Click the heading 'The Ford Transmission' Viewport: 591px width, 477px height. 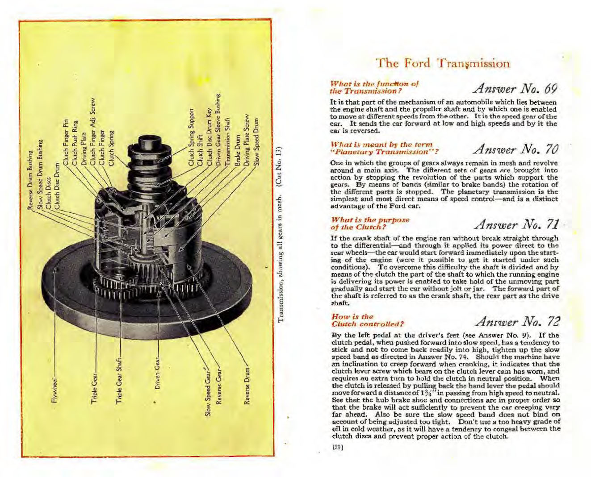pos(443,63)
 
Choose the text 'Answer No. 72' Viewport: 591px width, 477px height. pos(517,321)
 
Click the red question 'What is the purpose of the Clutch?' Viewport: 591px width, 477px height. pos(370,223)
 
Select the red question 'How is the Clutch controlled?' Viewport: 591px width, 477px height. pos(367,320)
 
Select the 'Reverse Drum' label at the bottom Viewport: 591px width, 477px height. pos(247,386)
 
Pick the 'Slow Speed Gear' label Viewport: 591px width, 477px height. pos(208,393)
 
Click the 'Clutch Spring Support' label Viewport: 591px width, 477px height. pos(191,138)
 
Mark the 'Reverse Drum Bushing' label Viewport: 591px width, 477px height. pos(30,178)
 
